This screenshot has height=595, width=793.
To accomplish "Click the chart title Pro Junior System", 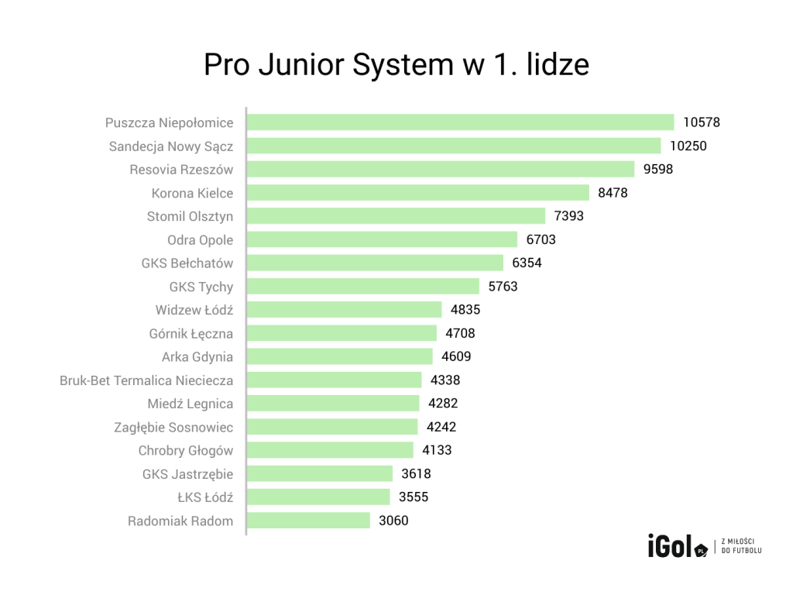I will point(396,65).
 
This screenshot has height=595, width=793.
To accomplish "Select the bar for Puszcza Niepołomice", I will point(461,122).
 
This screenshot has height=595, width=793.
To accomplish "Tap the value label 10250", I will point(688,146).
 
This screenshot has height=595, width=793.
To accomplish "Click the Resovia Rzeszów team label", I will point(181,170).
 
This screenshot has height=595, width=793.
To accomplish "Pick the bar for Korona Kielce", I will point(418,193).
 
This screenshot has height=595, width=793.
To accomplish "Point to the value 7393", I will point(569,216).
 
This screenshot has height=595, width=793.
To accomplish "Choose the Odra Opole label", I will point(200,240).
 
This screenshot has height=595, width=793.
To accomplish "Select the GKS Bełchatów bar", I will point(376,263).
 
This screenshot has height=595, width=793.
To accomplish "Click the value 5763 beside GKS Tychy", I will point(503,287).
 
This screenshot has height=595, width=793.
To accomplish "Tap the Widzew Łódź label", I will point(194,311).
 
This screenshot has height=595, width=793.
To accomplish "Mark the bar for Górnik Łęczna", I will point(342,334).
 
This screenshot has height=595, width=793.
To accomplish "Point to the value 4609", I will point(456,357).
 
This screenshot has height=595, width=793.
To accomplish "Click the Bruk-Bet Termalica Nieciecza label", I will point(146,380).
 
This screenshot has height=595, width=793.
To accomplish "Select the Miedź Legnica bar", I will point(334,404).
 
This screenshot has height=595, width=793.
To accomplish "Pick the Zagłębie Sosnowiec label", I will point(173,428).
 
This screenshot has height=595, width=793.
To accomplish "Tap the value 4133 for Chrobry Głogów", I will point(437,450).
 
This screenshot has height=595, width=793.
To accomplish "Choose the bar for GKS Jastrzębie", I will point(321,474).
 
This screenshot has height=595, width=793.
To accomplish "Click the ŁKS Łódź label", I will point(205,497).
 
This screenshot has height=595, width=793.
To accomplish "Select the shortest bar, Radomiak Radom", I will point(309,521).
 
